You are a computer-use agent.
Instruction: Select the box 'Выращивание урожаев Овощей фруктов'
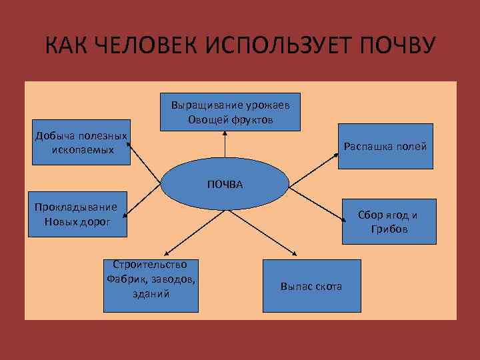pos(230,112)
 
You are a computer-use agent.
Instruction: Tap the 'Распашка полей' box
pos(385,147)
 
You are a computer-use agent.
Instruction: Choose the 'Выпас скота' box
pos(311,286)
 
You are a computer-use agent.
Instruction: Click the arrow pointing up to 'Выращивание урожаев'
pos(225,146)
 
